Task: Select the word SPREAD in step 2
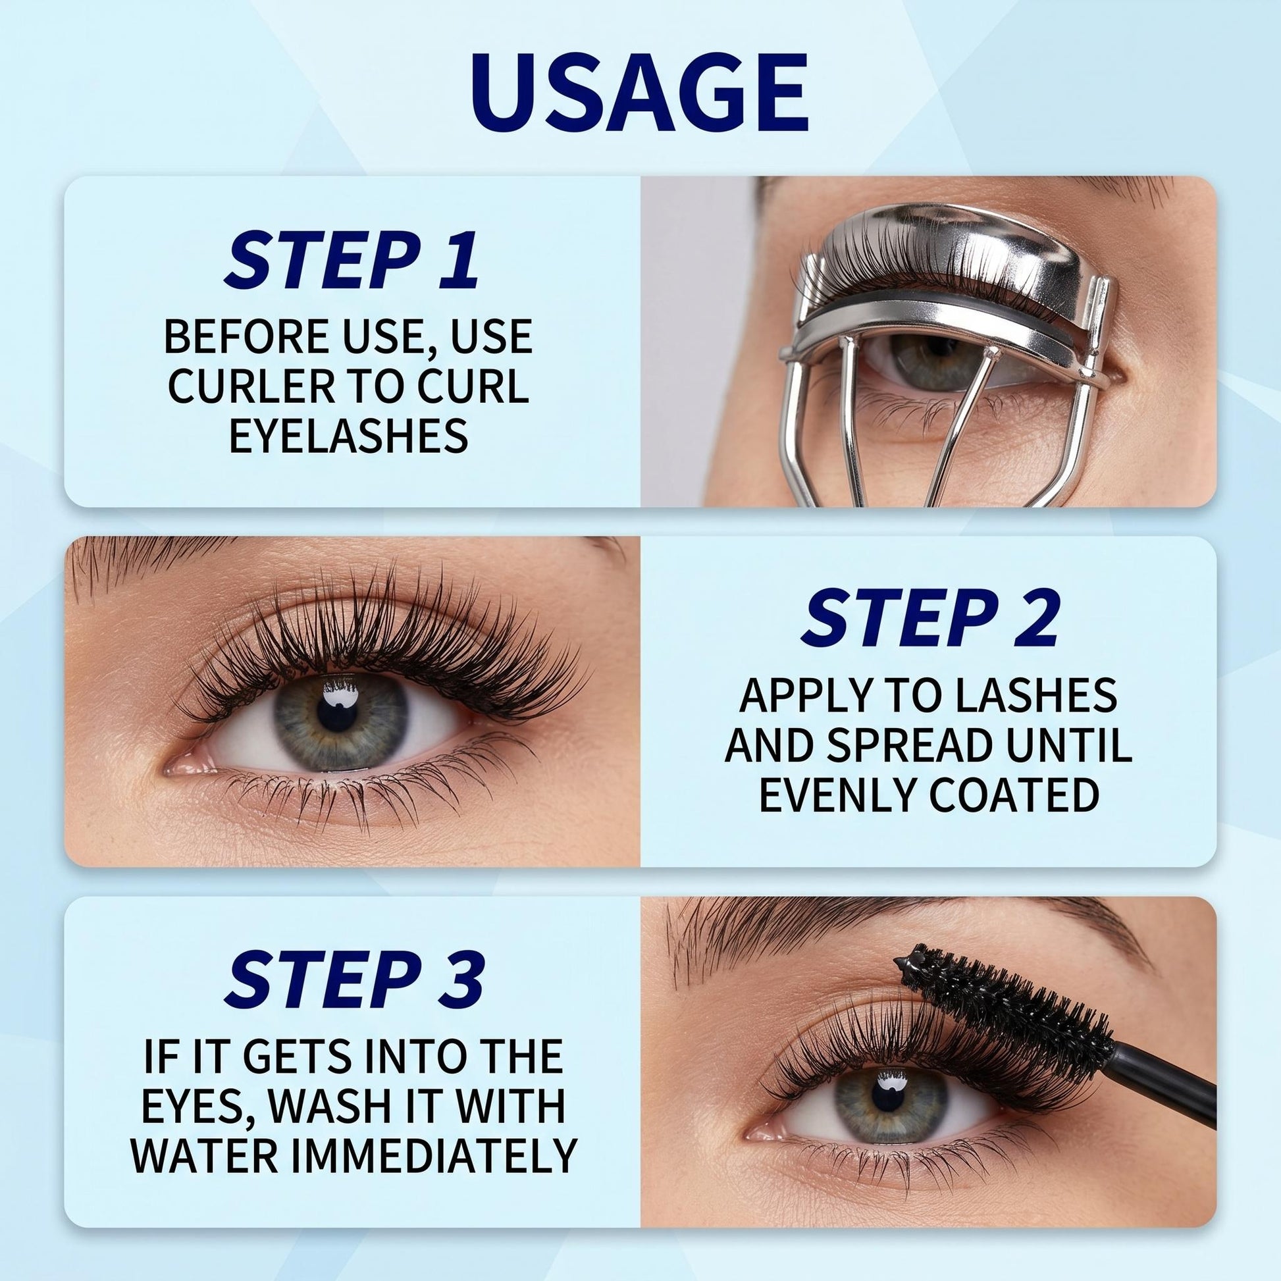pos(922,745)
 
